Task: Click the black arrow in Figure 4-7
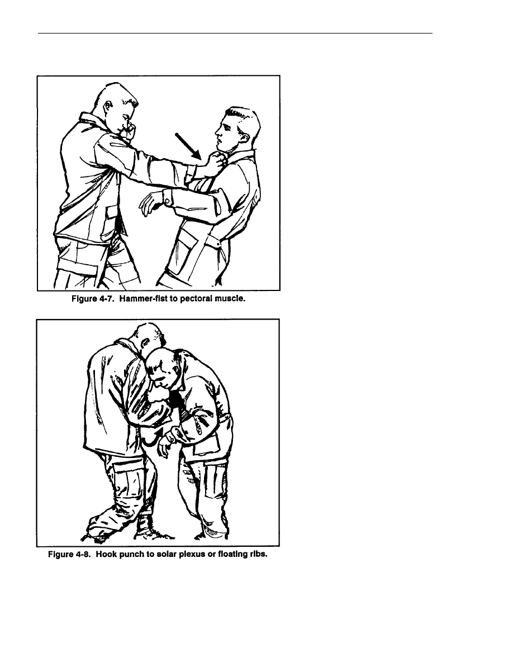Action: pyautogui.click(x=189, y=146)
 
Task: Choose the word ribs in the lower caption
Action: pyautogui.click(x=258, y=554)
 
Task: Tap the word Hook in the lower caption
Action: pyautogui.click(x=106, y=554)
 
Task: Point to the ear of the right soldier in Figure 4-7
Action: pyautogui.click(x=245, y=137)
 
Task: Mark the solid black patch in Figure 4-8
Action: pyautogui.click(x=175, y=402)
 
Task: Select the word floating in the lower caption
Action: pyautogui.click(x=232, y=554)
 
